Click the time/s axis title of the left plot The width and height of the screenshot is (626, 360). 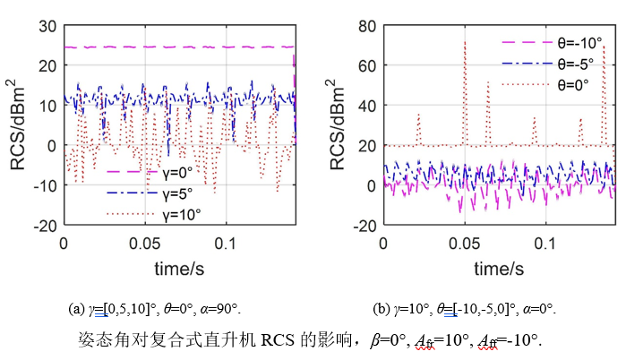179,266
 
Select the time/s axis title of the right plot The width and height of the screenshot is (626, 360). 499,266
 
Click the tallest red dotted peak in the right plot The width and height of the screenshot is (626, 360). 465,42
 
